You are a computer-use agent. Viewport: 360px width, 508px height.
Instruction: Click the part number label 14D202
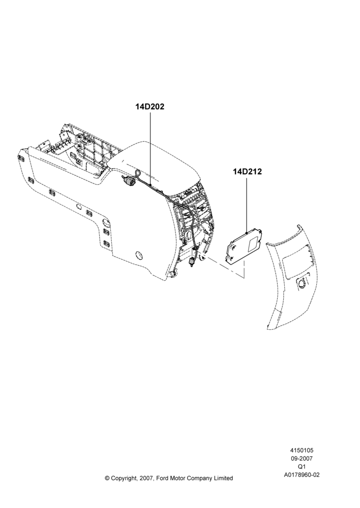150,107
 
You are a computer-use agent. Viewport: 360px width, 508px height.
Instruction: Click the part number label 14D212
247,171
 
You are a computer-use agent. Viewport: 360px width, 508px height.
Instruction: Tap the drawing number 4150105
302,450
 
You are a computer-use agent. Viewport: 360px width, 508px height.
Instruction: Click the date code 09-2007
302,458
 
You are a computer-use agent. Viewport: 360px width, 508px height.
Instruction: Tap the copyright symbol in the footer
107,478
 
